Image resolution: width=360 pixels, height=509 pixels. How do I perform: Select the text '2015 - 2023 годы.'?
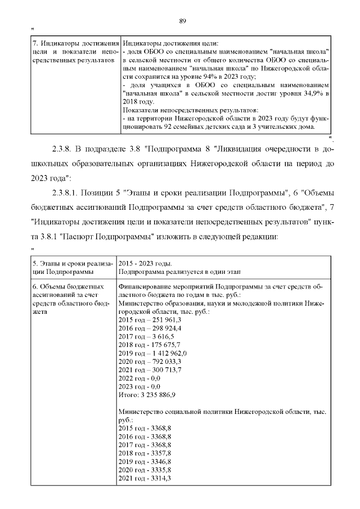(145, 264)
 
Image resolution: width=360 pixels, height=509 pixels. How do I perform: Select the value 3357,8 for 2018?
(160, 453)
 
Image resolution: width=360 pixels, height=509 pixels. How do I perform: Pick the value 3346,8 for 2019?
(160, 461)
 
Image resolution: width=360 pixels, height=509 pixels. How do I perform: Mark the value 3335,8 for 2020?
(160, 470)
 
